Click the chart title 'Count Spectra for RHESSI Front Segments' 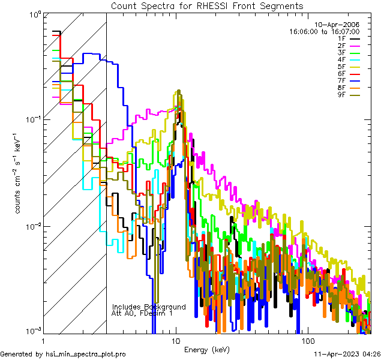207,6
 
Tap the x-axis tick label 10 176,341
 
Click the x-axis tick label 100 307,341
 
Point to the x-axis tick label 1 44,341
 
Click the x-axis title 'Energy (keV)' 208,349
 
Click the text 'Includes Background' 149,307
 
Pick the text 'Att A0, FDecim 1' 142,313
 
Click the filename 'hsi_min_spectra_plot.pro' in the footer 86,354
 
